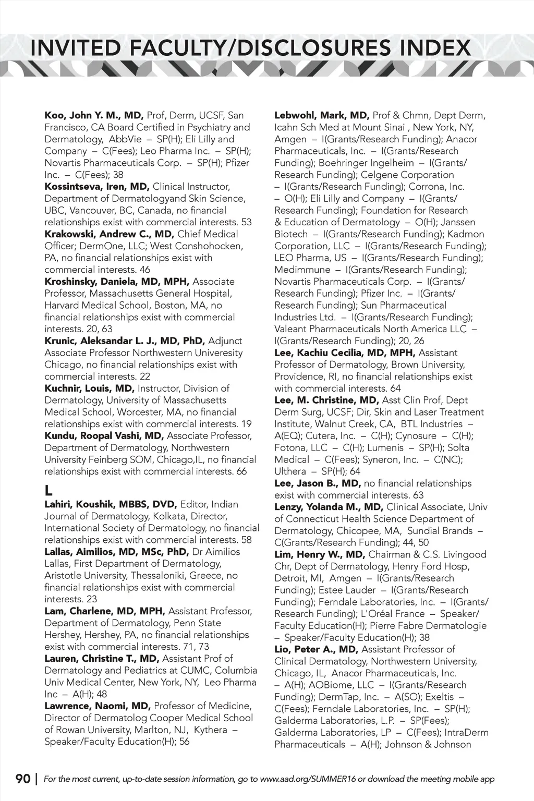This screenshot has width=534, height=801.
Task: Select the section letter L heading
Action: point(48,491)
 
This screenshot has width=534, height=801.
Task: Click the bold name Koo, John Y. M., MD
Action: point(94,115)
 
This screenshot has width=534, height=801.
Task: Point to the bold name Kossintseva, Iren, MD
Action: point(97,187)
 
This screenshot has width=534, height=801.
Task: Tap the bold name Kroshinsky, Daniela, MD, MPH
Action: point(117,282)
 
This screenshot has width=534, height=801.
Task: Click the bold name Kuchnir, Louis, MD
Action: point(89,389)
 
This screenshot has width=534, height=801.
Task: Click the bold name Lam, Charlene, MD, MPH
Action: point(105,611)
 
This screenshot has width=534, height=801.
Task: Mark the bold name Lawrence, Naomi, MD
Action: point(98,706)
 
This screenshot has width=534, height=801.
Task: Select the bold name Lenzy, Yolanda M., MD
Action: point(329,507)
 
